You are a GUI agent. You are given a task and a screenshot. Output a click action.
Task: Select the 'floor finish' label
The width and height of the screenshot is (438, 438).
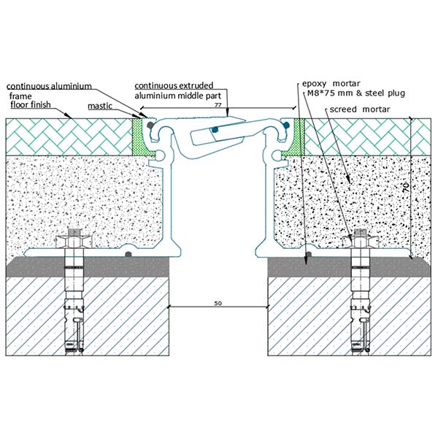pyautogui.click(x=34, y=104)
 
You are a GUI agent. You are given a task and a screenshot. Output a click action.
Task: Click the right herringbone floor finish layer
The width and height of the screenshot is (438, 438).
pyautogui.click(x=358, y=137)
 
